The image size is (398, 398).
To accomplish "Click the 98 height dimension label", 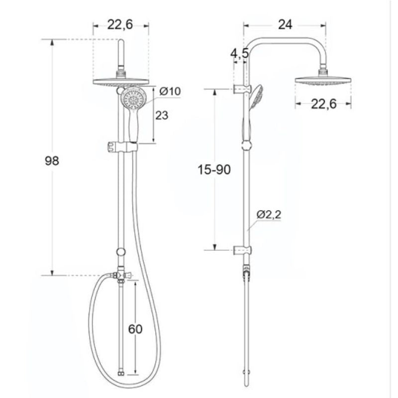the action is tap(52, 161).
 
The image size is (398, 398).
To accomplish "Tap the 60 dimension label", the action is tap(135, 329).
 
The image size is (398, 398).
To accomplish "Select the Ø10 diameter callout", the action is tap(170, 91).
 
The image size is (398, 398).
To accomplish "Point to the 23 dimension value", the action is tap(162, 115).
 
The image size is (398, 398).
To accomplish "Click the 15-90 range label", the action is tap(214, 170).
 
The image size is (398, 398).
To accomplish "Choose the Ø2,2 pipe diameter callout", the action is tap(269, 215).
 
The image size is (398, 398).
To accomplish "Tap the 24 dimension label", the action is tap(285, 24).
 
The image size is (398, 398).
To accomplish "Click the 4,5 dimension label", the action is tap(239, 54).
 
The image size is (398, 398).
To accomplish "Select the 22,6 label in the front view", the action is tap(120, 24).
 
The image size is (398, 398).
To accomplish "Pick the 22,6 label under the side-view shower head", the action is tap(324, 104).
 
